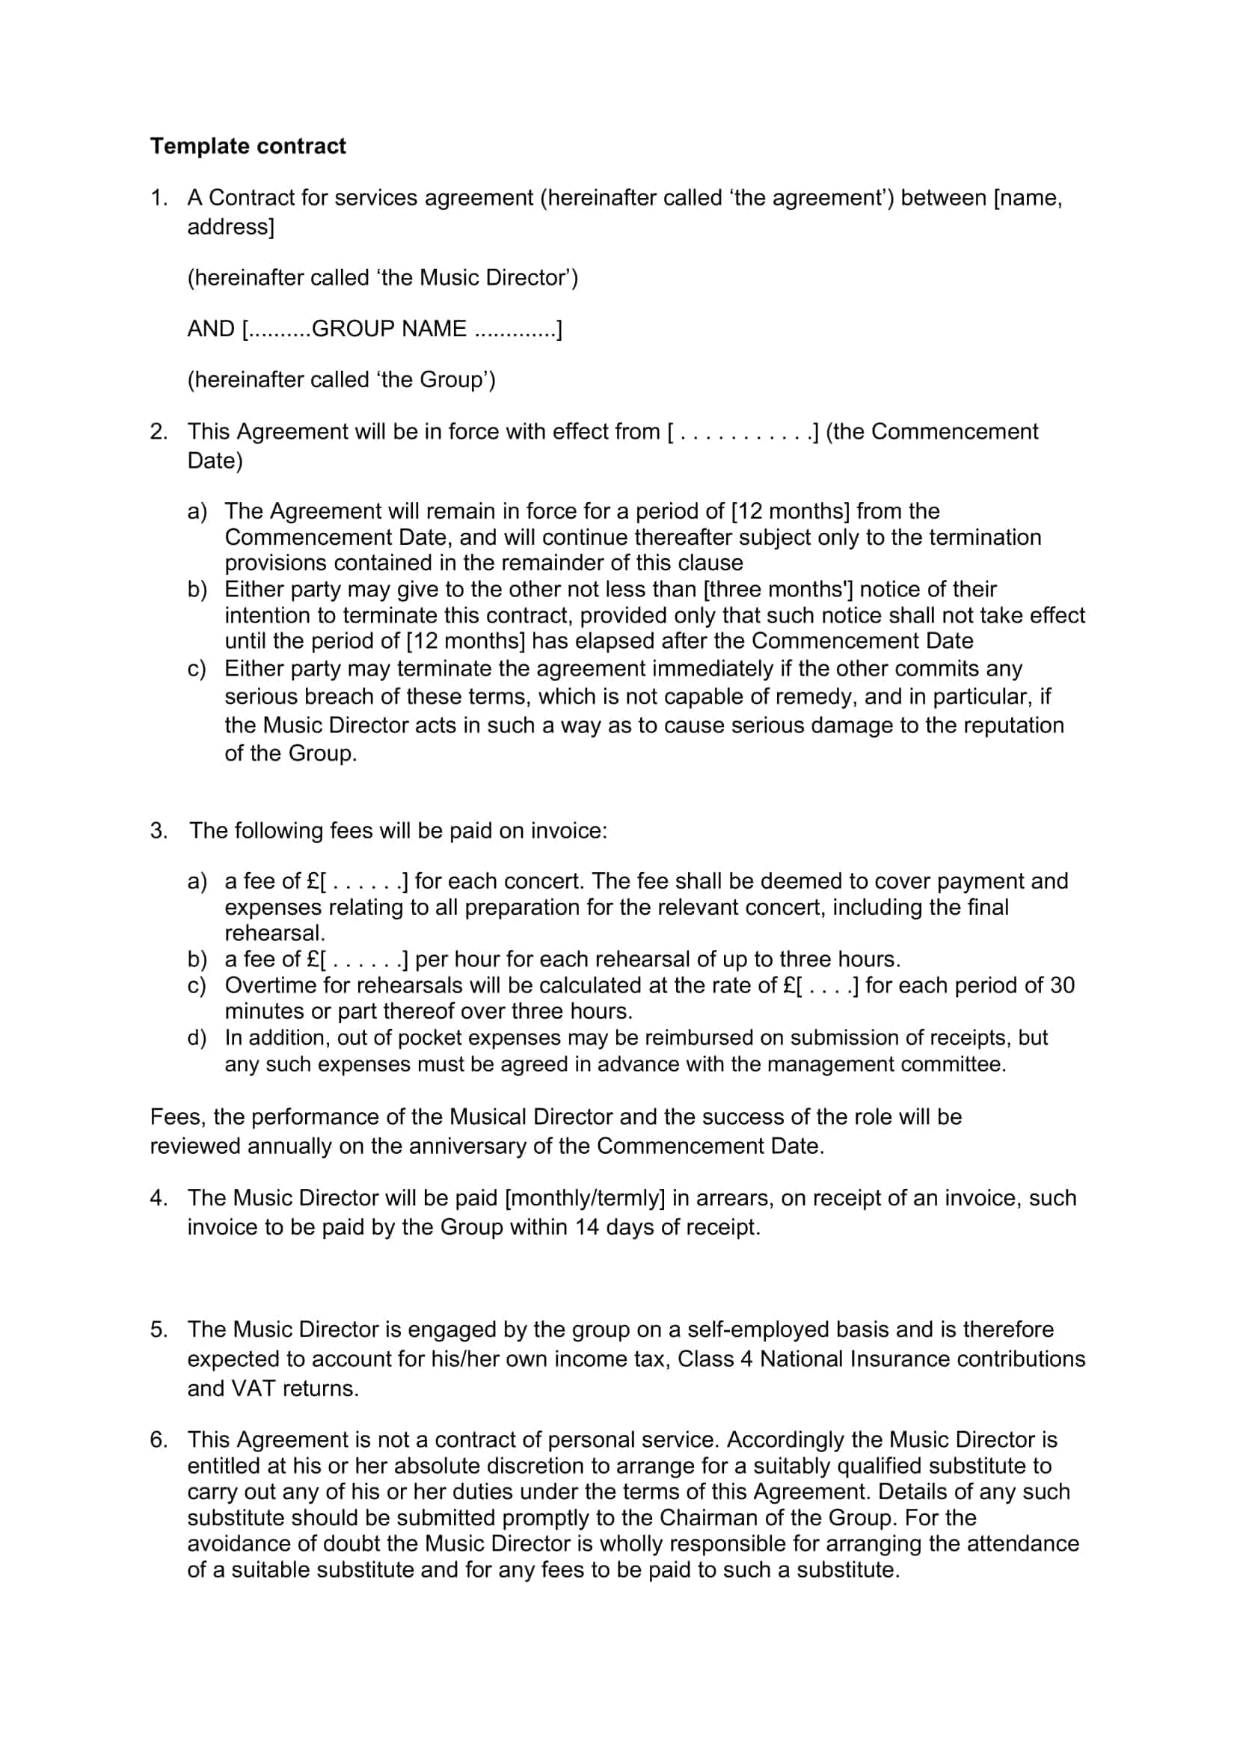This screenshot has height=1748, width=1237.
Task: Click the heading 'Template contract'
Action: pyautogui.click(x=248, y=146)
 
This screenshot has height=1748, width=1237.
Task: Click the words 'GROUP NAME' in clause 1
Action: pyautogui.click(x=388, y=328)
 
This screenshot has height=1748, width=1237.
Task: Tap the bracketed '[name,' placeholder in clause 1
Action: pyautogui.click(x=1028, y=197)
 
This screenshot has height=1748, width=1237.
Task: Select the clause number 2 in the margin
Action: pyautogui.click(x=158, y=431)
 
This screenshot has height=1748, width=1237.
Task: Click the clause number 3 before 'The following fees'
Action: pyautogui.click(x=158, y=830)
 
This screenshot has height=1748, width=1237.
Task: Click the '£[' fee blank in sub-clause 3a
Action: pyautogui.click(x=317, y=881)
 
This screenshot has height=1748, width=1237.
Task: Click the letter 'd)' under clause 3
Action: pyautogui.click(x=197, y=1037)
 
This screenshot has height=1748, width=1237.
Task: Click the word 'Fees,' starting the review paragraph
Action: pyautogui.click(x=177, y=1117)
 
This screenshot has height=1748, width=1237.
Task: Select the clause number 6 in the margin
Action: pyautogui.click(x=158, y=1439)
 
